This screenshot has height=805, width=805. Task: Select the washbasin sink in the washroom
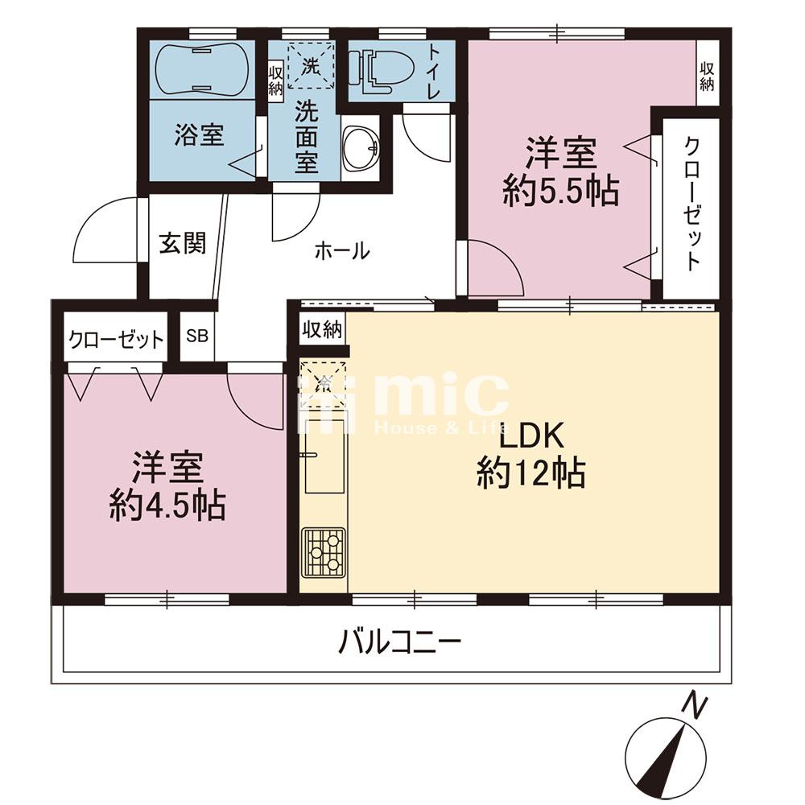pyautogui.click(x=360, y=149)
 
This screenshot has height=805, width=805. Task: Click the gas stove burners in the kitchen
pyautogui.click(x=324, y=552)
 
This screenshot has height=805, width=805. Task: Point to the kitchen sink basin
pyautogui.click(x=324, y=456)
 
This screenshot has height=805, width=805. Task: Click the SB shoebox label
pyautogui.click(x=197, y=336)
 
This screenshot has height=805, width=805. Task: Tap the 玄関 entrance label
pyautogui.click(x=182, y=243)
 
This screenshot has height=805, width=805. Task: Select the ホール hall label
pyautogui.click(x=342, y=251)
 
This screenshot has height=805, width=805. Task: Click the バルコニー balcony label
pyautogui.click(x=400, y=641)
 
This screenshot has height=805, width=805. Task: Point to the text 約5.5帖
pyautogui.click(x=561, y=191)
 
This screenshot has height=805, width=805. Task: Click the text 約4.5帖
pyautogui.click(x=167, y=506)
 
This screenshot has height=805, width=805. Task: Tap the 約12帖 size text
pyautogui.click(x=531, y=473)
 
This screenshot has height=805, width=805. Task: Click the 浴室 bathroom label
pyautogui.click(x=199, y=134)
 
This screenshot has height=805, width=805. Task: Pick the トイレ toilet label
pyautogui.click(x=435, y=72)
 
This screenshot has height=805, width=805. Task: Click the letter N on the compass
pyautogui.click(x=696, y=707)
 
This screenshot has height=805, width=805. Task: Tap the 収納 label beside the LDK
pyautogui.click(x=323, y=329)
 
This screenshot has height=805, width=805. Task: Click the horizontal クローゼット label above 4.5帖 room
pyautogui.click(x=116, y=339)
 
